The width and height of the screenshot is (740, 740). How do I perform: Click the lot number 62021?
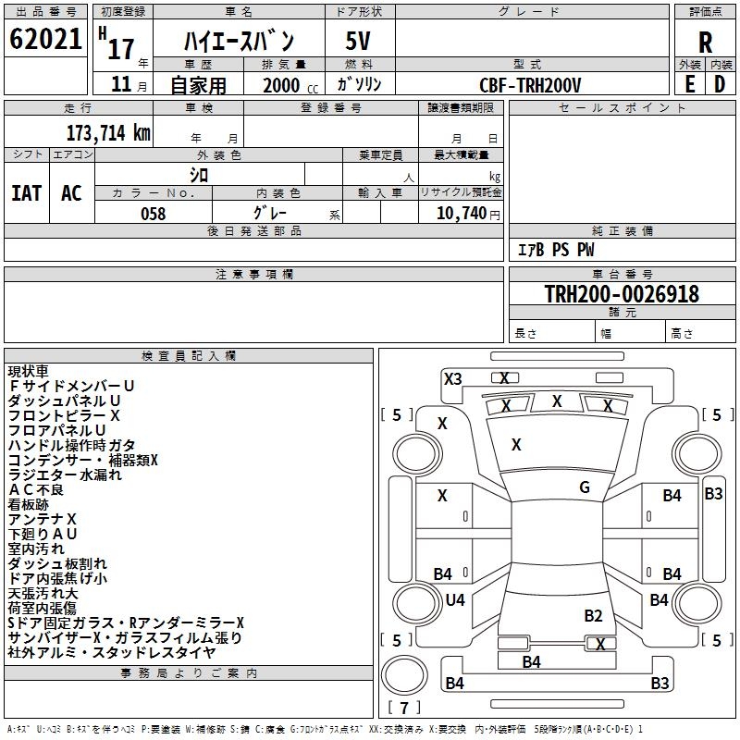tap(45, 39)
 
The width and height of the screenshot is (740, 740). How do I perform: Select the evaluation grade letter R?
tap(705, 43)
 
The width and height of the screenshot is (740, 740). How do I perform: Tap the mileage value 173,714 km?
tap(108, 133)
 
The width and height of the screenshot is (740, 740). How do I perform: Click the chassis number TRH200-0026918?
tap(622, 293)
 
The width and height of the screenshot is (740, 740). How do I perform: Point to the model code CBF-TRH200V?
tap(530, 85)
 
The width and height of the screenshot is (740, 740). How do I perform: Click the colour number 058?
tap(154, 214)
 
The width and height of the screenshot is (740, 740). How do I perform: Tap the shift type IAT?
tap(27, 193)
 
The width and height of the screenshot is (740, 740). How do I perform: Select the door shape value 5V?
tap(358, 41)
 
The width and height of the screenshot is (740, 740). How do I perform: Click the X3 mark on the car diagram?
tap(452, 379)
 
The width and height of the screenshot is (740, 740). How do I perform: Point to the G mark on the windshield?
tap(585, 487)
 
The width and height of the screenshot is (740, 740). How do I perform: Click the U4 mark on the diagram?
tap(455, 599)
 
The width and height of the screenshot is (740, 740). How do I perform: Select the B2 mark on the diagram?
tap(593, 616)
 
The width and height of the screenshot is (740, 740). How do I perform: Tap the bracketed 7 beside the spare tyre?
tap(404, 708)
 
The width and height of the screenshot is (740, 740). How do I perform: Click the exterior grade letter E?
tap(690, 84)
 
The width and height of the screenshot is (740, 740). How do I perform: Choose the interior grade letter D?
tap(720, 84)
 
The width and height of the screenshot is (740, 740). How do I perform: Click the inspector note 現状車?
tap(28, 372)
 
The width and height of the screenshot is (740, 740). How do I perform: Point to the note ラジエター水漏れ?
tap(65, 475)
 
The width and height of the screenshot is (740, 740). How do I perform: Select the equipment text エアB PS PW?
tap(556, 250)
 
